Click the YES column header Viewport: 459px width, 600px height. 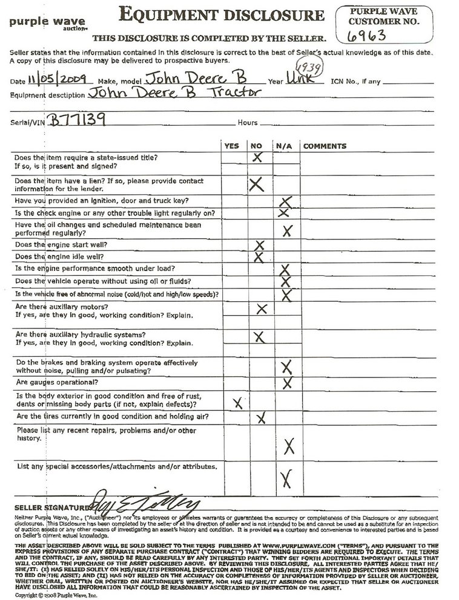231,146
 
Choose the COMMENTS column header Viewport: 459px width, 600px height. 325,146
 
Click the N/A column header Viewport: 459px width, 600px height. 284,146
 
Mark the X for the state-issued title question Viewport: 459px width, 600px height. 258,157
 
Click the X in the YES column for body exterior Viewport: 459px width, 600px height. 237,401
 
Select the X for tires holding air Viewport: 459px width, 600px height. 261,417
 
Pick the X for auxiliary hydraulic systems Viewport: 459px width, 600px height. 259,336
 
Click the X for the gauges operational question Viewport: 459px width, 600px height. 288,382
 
